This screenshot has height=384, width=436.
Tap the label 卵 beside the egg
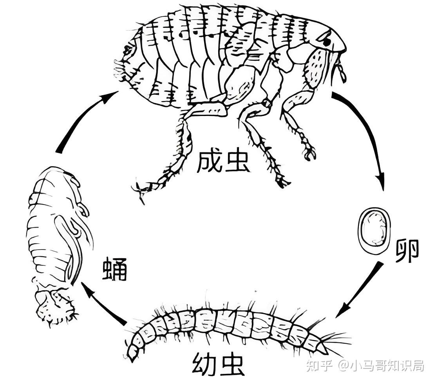(407, 251)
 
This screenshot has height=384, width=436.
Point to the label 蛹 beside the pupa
(115, 268)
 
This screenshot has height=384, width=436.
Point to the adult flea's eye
(327, 39)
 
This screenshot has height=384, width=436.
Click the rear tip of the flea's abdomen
(119, 67)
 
